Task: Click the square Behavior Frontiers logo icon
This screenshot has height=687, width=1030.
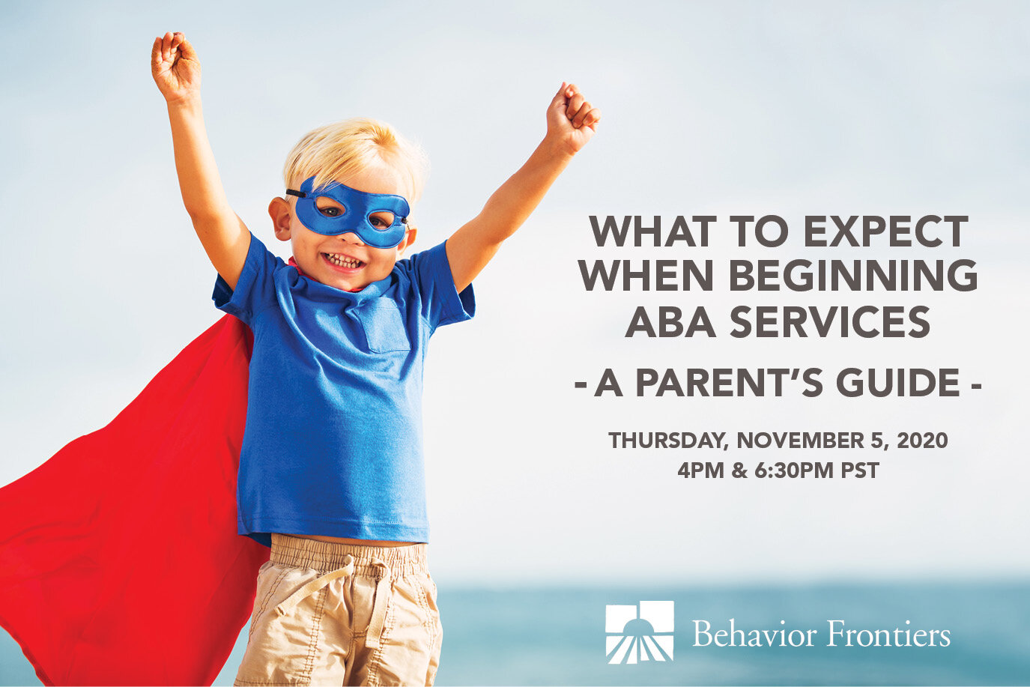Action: click(639, 632)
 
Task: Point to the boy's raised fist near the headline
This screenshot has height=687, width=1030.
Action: click(572, 115)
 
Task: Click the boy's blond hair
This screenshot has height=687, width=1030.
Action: click(352, 150)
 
